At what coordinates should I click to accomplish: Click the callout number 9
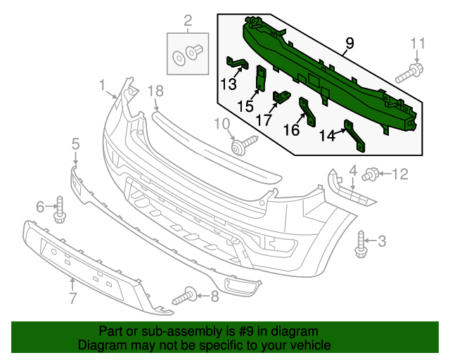349,47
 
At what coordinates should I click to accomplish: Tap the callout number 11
418,43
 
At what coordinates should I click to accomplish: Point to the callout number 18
155,90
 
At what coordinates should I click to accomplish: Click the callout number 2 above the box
188,21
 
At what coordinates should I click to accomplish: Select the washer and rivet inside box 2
188,53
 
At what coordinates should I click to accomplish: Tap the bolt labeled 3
363,243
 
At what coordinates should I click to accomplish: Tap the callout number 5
75,144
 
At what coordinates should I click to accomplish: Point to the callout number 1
102,86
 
